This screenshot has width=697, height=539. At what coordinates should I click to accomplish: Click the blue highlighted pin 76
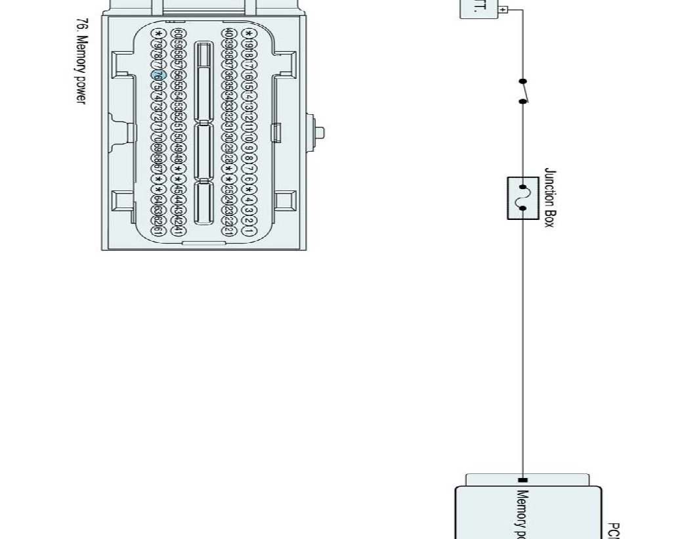[x=158, y=76]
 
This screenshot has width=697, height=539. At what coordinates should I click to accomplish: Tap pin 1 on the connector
[x=248, y=230]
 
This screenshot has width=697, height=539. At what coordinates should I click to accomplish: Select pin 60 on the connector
[x=177, y=33]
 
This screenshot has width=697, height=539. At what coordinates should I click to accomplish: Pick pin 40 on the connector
[x=228, y=33]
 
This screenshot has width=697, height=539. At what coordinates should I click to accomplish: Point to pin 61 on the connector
[x=158, y=230]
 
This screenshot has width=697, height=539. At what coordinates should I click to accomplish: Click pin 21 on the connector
[x=228, y=230]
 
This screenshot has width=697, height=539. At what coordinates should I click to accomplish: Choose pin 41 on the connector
[x=177, y=230]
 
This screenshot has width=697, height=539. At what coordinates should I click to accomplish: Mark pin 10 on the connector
[x=248, y=137]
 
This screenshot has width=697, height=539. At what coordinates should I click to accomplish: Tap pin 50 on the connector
[x=177, y=137]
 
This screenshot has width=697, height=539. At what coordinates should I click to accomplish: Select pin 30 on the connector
[x=228, y=137]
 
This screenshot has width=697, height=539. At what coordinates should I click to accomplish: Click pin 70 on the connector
[x=158, y=137]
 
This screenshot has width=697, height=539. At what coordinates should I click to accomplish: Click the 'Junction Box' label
[x=549, y=198]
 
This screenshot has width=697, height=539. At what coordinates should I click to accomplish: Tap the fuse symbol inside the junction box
[x=523, y=198]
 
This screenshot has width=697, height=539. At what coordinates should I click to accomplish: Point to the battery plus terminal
[x=503, y=10]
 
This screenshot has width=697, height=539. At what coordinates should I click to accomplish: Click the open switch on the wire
[x=523, y=91]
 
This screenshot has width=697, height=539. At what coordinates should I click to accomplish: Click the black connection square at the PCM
[x=523, y=480]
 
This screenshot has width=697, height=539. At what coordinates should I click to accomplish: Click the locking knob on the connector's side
[x=321, y=131]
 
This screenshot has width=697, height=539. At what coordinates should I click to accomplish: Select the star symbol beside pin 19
[x=248, y=33]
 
